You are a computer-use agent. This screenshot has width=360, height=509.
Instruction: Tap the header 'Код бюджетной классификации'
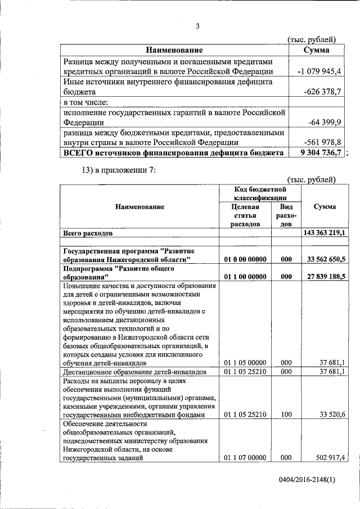(260, 193)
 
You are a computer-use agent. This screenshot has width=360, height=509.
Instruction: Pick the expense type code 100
(286, 415)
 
